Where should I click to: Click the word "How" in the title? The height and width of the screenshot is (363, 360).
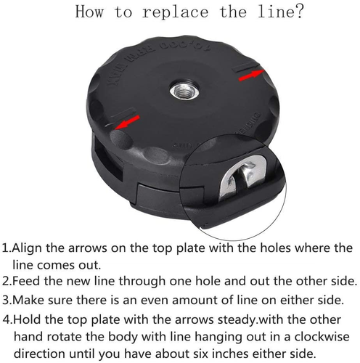91,12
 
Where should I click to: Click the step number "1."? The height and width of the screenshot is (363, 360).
7,248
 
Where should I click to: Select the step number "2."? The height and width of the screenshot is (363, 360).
7,280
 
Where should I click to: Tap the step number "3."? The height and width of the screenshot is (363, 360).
7,298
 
